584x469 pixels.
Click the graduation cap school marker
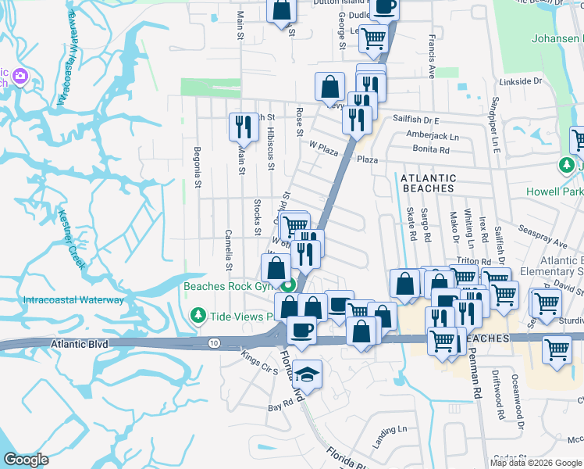click(x=308, y=374)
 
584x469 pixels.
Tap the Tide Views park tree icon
click(x=199, y=315)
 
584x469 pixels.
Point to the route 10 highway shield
click(x=213, y=342)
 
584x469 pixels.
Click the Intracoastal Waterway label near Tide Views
click(x=73, y=299)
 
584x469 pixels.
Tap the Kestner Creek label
click(x=72, y=239)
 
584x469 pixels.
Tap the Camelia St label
click(x=229, y=249)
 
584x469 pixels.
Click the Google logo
click(x=27, y=459)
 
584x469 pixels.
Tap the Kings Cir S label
click(x=260, y=363)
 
